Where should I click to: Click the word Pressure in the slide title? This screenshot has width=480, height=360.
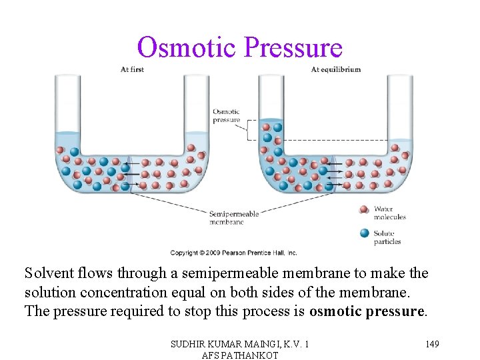point(293,48)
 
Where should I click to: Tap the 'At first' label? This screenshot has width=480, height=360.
point(132,69)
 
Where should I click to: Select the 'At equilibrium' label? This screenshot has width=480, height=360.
point(336,69)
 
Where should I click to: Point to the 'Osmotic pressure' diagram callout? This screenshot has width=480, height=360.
point(226,116)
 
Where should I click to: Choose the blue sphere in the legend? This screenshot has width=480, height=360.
point(364,233)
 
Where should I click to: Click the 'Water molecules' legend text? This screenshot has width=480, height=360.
point(389,213)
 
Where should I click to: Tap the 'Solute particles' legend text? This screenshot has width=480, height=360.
point(387,237)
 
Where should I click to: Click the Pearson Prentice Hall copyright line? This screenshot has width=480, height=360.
point(233,253)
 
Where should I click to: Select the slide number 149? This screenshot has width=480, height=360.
point(432,343)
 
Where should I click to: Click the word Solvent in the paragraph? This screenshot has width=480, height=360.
point(47,273)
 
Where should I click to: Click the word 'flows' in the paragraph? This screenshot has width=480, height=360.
point(93,273)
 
